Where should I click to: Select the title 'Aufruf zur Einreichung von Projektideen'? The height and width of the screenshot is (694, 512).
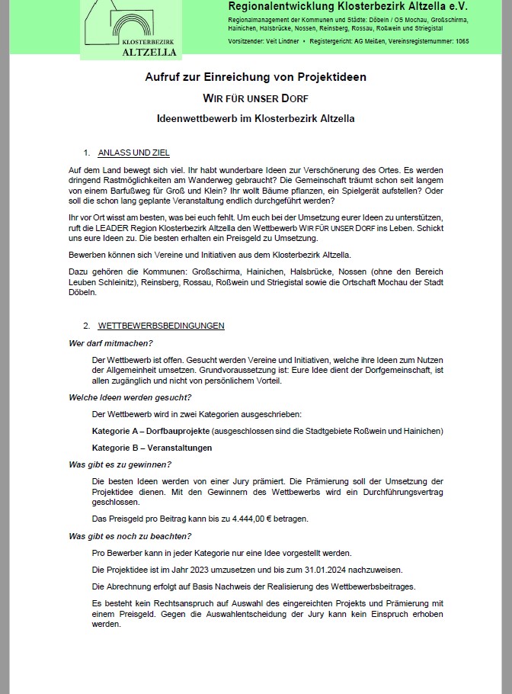pos(256,77)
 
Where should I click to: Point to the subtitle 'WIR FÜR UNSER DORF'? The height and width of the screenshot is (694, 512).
pos(255,98)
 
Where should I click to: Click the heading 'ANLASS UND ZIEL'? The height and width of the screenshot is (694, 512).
pos(134,153)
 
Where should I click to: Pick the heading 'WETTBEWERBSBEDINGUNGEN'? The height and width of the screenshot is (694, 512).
pos(161,326)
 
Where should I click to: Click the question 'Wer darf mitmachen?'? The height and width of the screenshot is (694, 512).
pos(111,342)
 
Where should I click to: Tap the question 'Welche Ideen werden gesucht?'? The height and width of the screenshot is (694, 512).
pos(130,397)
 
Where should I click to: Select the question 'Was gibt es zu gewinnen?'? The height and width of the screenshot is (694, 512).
pos(120,464)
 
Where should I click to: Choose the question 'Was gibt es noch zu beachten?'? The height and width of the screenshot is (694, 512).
pos(129,536)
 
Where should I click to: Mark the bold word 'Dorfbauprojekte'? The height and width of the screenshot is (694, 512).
pos(178,431)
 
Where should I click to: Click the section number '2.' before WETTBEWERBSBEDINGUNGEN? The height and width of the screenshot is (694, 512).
pos(88,326)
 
